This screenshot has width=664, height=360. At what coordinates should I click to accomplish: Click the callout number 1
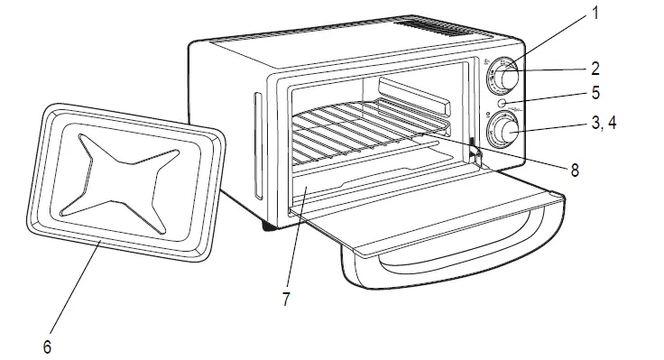coord(595,14)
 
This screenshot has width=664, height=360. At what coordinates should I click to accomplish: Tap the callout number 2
coord(595,68)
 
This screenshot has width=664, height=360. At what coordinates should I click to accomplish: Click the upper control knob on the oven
coord(503,79)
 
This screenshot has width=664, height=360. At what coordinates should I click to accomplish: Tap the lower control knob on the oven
coord(500,134)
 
